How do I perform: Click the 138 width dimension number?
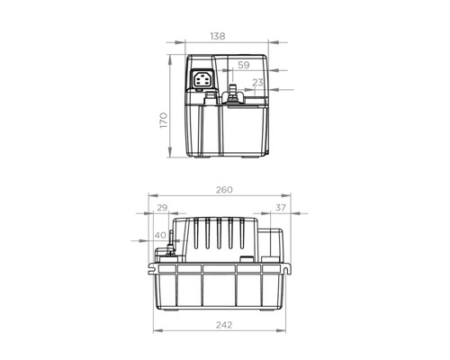click(218, 36)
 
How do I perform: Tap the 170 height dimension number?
click(164, 121)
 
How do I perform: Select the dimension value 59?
click(244, 65)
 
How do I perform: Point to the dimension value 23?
click(257, 82)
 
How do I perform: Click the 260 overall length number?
click(224, 190)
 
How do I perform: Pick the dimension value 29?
click(162, 208)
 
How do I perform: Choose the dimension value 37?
click(281, 208)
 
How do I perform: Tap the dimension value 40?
click(160, 235)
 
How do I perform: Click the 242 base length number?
click(224, 325)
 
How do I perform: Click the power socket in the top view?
click(202, 78)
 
